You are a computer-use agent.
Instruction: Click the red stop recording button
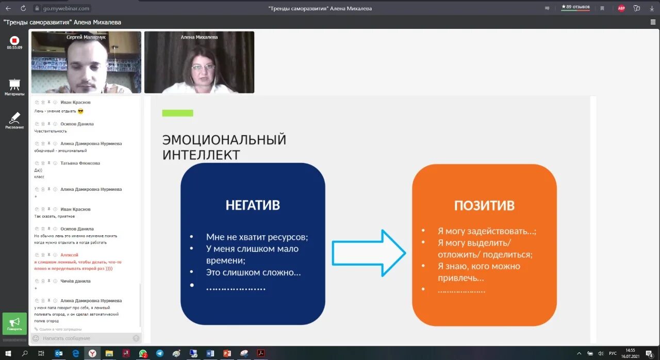(14, 40)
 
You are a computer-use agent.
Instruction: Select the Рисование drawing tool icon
(14, 118)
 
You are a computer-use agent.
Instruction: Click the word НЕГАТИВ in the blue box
(253, 205)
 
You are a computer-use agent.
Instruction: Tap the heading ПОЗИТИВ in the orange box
(484, 205)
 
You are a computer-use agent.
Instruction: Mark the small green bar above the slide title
(177, 113)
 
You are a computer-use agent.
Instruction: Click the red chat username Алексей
(69, 255)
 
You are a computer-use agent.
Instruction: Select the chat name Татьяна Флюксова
(80, 163)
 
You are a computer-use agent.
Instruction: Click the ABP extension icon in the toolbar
(621, 8)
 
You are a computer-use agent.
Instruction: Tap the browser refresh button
(23, 8)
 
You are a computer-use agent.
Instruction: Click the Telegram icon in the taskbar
(160, 353)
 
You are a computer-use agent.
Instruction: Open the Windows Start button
(8, 353)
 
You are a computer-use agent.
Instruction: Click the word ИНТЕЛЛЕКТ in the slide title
(201, 155)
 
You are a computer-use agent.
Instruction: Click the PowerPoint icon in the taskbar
(226, 353)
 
